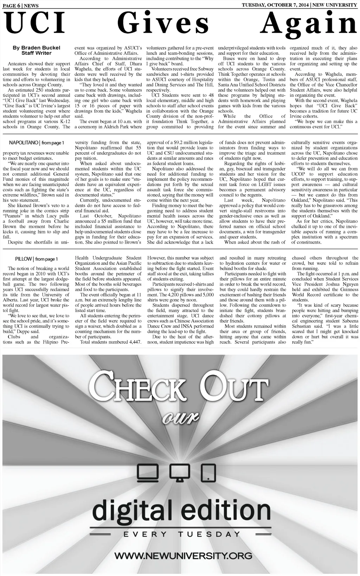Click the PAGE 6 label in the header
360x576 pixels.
click(x=11, y=6)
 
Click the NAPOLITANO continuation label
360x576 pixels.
click(x=24, y=143)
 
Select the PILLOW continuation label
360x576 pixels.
click(x=24, y=259)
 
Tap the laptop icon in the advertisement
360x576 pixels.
click(x=146, y=472)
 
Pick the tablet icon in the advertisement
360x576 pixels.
click(x=208, y=472)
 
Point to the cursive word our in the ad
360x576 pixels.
click(x=180, y=418)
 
